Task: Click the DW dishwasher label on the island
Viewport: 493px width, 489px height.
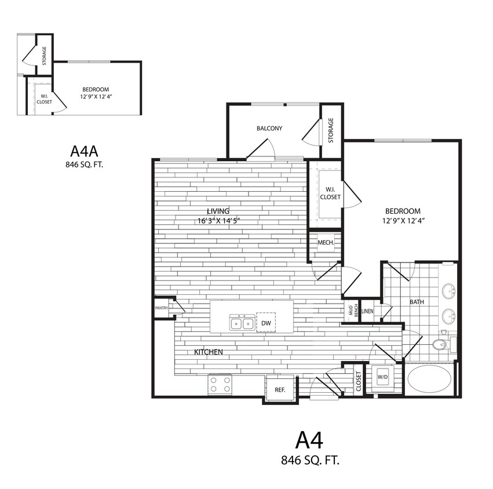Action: (266, 323)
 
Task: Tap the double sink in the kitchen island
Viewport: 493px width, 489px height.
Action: (242, 323)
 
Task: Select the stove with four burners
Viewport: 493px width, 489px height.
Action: (220, 384)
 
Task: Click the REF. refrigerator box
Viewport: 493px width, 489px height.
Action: (280, 389)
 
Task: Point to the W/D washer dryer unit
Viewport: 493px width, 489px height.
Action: (382, 377)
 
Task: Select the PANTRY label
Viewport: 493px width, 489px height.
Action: (161, 308)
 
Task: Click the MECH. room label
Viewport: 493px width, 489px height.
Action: (326, 242)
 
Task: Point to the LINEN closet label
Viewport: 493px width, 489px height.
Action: (368, 311)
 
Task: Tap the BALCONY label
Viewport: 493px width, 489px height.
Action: (269, 128)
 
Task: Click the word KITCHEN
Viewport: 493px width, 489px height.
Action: (208, 352)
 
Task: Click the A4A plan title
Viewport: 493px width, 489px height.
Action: (85, 151)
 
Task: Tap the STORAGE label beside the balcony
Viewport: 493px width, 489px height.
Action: (331, 130)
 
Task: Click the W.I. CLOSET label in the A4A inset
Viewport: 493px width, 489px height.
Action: (44, 98)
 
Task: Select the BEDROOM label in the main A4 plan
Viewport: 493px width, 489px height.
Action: (401, 211)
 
